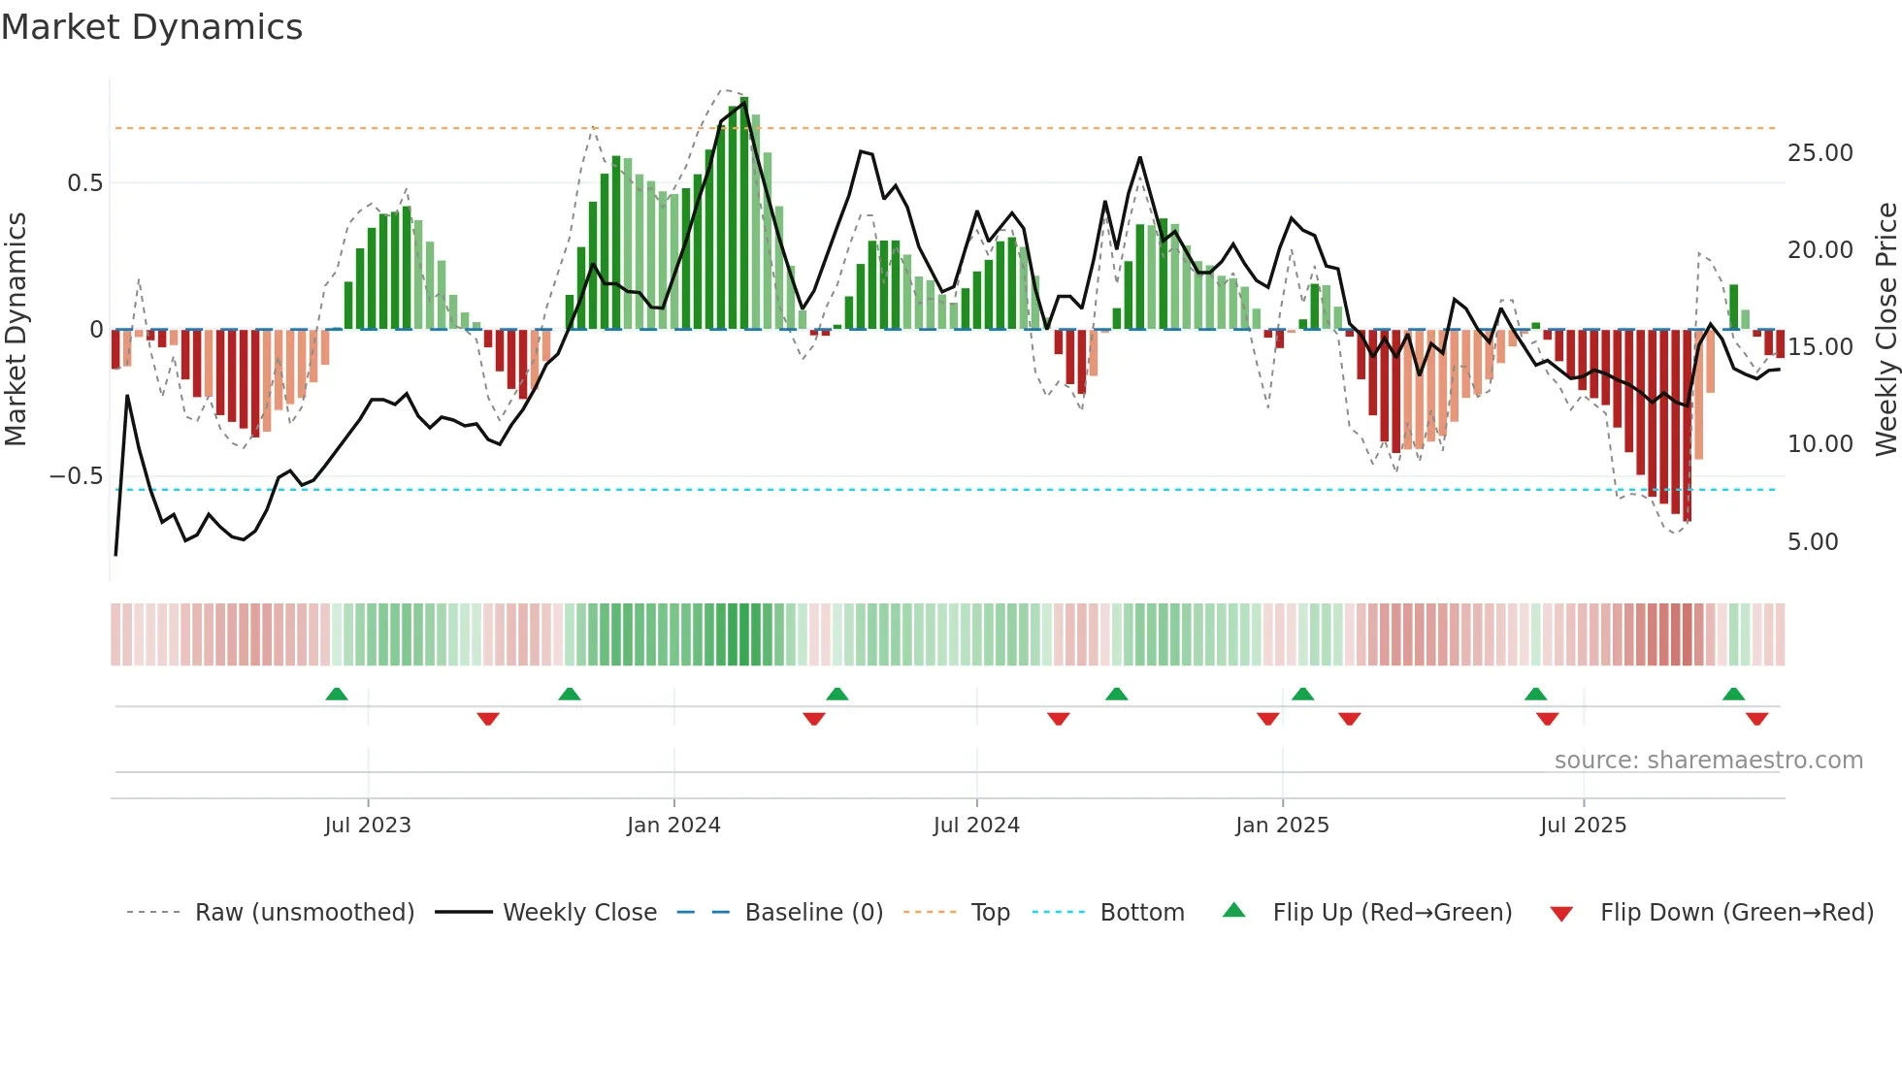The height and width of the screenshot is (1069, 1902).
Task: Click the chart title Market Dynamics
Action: click(152, 27)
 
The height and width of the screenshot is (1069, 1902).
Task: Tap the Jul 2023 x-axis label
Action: click(368, 826)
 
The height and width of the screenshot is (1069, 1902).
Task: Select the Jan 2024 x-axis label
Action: click(673, 826)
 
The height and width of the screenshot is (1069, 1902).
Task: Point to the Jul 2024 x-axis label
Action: click(976, 826)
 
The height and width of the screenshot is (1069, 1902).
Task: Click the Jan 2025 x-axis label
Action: click(1282, 826)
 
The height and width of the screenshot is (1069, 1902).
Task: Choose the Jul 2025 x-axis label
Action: click(1583, 826)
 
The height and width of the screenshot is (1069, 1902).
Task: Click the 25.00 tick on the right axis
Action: click(1820, 153)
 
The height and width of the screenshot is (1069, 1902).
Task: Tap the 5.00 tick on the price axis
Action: click(1813, 542)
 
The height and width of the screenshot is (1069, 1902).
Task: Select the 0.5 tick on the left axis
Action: click(84, 183)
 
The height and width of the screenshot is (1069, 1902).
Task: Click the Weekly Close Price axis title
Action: click(1886, 330)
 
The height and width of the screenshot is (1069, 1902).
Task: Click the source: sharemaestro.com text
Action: click(1708, 761)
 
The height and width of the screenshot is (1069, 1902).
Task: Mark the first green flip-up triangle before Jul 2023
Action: click(337, 695)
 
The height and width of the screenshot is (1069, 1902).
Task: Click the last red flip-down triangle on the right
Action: click(1756, 719)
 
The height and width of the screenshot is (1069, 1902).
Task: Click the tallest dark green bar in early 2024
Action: click(744, 213)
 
